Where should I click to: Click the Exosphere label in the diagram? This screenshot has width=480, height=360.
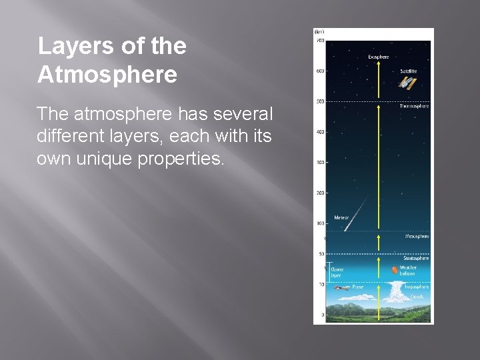coord(379,57)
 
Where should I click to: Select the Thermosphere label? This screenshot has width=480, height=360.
coord(414,106)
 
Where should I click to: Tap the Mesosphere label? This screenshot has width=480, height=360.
coord(417,236)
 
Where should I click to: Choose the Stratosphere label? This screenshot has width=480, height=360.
coord(416,258)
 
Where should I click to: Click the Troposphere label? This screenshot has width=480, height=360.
coord(416,287)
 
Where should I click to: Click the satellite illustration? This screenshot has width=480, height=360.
coord(408,83)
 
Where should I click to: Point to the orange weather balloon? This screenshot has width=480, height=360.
coord(395,270)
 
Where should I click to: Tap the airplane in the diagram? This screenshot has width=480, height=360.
coord(343,289)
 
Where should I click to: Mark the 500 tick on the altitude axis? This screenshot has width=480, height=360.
coord(321,101)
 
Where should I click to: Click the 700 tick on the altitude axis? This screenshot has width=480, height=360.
coord(321,41)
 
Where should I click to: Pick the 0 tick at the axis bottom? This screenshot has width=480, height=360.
coord(323,314)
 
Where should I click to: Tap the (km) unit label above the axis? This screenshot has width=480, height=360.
coord(320,31)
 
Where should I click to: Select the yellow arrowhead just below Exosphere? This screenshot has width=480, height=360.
coord(379,65)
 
